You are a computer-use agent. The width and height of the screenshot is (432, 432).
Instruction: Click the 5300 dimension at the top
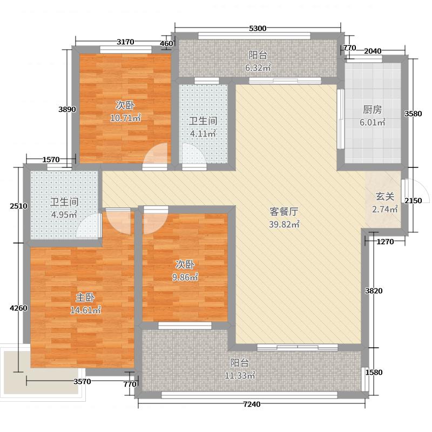click(258, 29)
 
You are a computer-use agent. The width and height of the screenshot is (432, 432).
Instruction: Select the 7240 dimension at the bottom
click(252, 404)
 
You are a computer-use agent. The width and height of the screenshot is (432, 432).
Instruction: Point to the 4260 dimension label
click(17, 308)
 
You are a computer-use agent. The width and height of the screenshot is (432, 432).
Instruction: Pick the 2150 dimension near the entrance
click(413, 201)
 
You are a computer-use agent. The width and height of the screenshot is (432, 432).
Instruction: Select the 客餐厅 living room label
click(285, 212)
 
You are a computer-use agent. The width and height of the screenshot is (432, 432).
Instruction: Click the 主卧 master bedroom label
click(85, 297)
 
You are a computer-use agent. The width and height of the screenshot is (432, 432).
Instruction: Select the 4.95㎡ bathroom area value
click(64, 215)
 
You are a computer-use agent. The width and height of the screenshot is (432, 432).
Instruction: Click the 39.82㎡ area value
click(285, 225)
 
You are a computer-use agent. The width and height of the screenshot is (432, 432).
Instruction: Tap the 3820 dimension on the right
click(374, 291)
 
